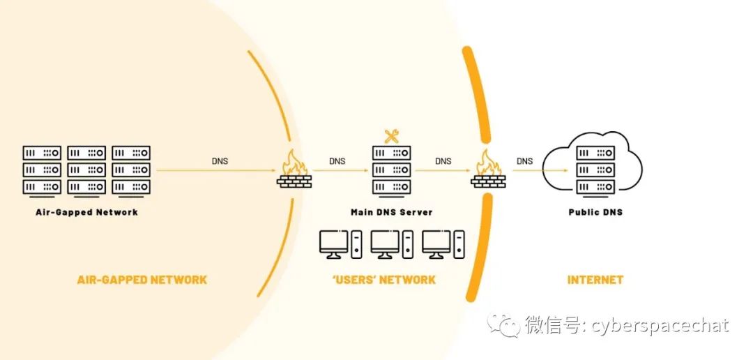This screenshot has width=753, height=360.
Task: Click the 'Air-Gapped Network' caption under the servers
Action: tap(86, 212)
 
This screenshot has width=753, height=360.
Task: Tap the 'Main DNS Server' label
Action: tap(391, 212)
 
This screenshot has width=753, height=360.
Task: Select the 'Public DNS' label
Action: tap(595, 212)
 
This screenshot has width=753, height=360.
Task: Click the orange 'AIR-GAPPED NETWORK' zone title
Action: tap(142, 280)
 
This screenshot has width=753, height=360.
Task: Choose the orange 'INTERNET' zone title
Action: tap(595, 280)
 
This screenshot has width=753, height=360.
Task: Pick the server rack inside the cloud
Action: tap(595, 170)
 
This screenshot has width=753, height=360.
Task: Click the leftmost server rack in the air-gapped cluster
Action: tap(42, 170)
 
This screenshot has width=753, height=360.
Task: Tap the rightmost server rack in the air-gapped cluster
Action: tap(131, 170)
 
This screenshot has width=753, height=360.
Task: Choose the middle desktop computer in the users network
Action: tap(391, 244)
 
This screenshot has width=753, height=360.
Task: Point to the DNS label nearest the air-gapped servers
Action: tap(220, 161)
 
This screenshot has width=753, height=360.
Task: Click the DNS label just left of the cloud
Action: tap(524, 161)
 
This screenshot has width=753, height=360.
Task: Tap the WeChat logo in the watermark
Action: tap(503, 325)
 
